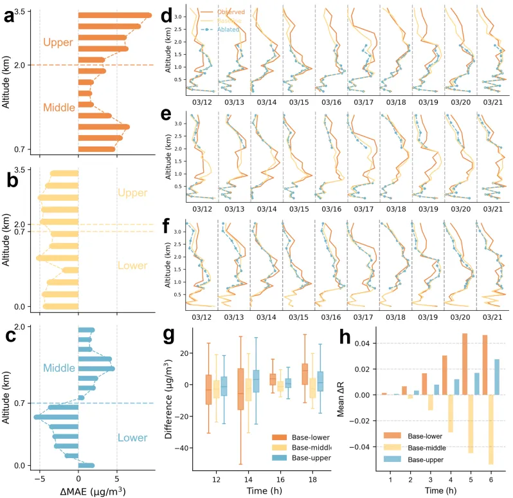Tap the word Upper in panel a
click(58, 42)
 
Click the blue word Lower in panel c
click(133, 438)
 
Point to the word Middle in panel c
click(59, 368)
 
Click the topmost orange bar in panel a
click(115, 15)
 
